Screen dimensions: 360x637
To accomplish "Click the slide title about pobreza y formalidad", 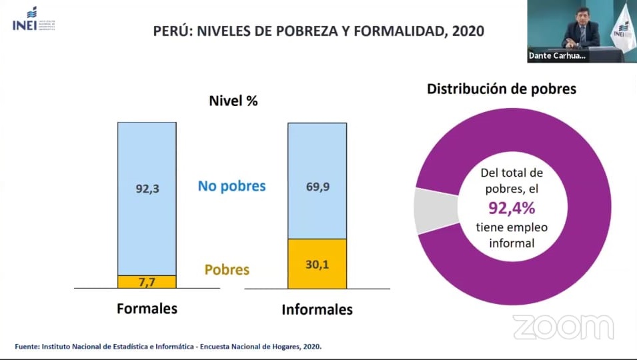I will click(x=318, y=31).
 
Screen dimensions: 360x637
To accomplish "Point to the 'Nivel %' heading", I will click(x=233, y=101).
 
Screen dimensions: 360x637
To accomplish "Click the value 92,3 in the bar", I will click(x=147, y=189).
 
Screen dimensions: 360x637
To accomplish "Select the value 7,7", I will click(x=147, y=282).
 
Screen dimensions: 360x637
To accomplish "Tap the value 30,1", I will click(x=317, y=265).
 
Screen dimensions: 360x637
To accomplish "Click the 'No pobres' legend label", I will click(x=231, y=186).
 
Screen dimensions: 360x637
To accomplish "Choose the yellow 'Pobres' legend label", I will click(x=227, y=270).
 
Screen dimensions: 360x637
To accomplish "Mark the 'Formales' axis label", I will click(x=147, y=309).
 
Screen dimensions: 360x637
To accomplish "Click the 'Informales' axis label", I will click(x=317, y=310).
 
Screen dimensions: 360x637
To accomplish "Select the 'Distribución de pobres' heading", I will click(x=502, y=89).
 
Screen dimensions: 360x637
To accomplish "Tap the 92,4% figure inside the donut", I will click(x=512, y=209).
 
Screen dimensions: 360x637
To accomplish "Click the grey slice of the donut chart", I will click(x=426, y=210).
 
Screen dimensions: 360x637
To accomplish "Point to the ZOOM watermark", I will click(x=563, y=327).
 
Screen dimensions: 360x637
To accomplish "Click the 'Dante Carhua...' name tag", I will click(x=556, y=56).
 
